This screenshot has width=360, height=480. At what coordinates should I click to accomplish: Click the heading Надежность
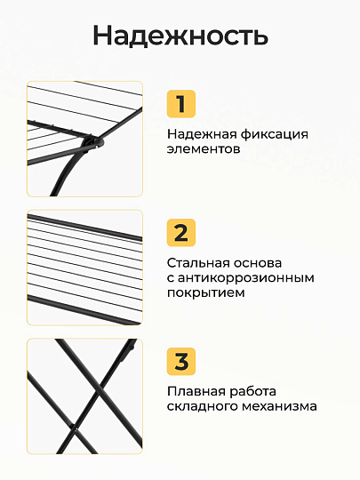click(180, 36)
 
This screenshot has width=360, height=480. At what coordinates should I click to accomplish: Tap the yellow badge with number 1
click(181, 104)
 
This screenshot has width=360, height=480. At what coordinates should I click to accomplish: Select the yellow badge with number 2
click(181, 233)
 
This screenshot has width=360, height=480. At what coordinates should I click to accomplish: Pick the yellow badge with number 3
click(181, 361)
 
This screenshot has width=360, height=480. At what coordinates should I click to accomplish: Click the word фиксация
click(274, 135)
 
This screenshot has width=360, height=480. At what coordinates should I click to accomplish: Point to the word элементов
click(204, 149)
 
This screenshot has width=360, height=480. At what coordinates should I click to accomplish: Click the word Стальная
click(198, 263)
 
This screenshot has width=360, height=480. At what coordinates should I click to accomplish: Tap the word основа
click(258, 264)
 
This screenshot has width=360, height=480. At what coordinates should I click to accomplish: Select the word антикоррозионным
click(246, 278)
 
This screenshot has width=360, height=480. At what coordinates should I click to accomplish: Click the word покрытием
click(206, 293)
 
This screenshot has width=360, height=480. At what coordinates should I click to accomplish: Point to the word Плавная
click(196, 391)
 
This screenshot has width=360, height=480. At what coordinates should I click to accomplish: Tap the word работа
click(252, 391)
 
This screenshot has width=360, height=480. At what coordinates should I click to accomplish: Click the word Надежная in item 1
click(202, 135)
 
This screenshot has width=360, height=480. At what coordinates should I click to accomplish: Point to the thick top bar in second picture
click(84, 228)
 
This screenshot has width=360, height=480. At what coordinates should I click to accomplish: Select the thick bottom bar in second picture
click(84, 309)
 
